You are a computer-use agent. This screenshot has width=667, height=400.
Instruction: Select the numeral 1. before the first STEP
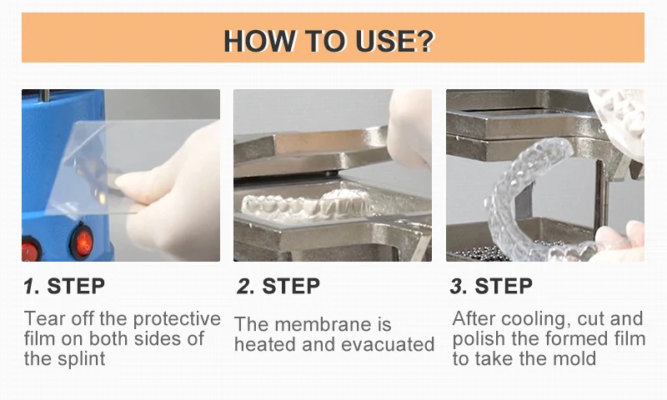point(32,286)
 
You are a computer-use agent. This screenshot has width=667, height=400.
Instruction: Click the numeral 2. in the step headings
point(245,286)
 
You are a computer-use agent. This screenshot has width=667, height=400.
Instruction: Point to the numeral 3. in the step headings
point(459,286)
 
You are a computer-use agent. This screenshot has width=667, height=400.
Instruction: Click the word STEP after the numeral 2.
point(291,286)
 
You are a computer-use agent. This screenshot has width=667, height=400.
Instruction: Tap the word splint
point(81,359)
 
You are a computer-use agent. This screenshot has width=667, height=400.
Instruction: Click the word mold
point(574,359)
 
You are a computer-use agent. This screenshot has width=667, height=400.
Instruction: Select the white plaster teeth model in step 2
point(306,204)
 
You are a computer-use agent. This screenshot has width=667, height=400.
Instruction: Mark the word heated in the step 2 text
point(264,345)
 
